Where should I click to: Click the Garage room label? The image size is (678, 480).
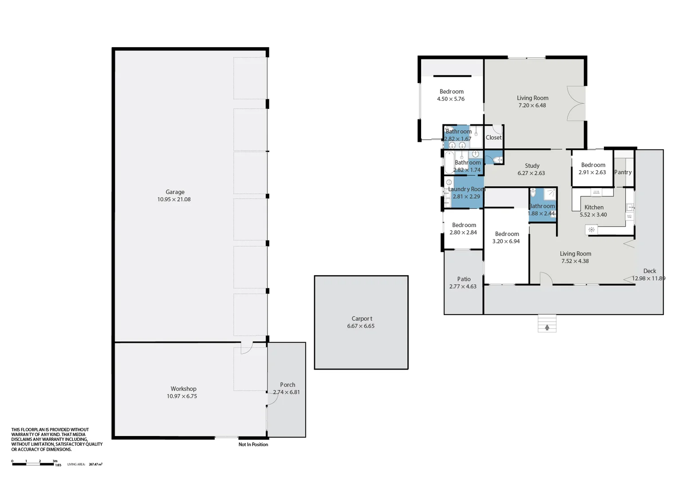175,192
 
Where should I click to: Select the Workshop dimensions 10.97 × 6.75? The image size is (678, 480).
182,396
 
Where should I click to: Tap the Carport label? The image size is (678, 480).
362,319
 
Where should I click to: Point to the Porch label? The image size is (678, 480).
288,385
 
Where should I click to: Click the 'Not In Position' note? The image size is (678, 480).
253,444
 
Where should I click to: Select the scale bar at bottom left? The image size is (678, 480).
33,464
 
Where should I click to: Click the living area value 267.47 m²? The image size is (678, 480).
95,464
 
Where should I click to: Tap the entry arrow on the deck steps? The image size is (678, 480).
547,328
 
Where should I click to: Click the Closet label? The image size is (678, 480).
493,138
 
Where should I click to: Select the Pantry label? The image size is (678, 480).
623,172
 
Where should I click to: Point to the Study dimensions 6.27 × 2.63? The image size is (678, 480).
531,173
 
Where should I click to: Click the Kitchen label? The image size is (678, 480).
594,208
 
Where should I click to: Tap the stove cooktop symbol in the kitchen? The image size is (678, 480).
591,230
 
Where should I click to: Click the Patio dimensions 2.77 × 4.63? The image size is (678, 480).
463,287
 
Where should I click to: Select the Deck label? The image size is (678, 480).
650,271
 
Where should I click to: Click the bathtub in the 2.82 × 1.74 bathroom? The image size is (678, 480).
449,163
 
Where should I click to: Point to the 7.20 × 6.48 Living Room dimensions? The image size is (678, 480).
532,106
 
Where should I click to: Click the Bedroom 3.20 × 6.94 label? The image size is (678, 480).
507,234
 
